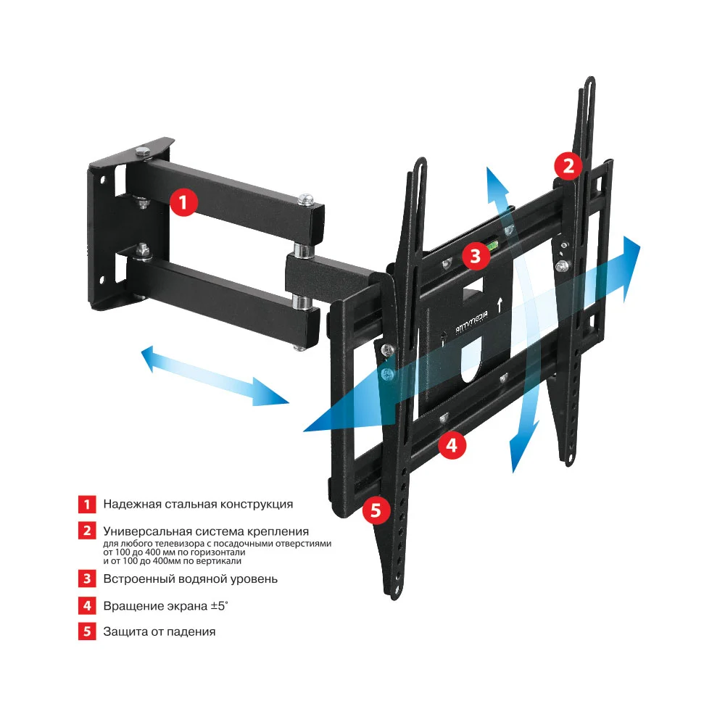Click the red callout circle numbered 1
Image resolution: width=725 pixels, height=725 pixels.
pyautogui.click(x=183, y=202)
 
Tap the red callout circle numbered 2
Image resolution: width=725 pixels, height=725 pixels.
pyautogui.click(x=568, y=166)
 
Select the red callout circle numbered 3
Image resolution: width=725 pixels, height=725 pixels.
pyautogui.click(x=475, y=255)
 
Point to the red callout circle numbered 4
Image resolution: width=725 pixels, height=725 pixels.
pyautogui.click(x=451, y=445)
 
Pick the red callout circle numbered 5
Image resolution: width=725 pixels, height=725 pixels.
pyautogui.click(x=376, y=510)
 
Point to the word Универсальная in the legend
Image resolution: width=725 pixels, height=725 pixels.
pyautogui.click(x=145, y=531)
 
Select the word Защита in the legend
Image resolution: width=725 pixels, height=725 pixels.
pyautogui.click(x=124, y=631)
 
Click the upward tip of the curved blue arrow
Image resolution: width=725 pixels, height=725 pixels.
pyautogui.click(x=491, y=174)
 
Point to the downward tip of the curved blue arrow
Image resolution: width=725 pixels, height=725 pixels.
pyautogui.click(x=517, y=464)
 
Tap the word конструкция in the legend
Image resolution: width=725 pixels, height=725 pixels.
pyautogui.click(x=256, y=504)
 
